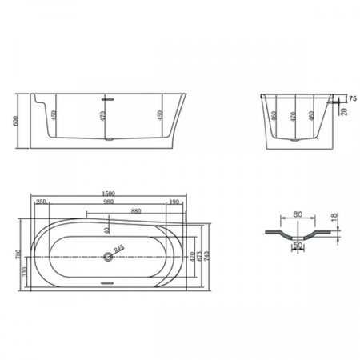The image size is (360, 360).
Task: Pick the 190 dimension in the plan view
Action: pos(173,202)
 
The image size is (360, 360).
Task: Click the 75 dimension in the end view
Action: pos(352,98)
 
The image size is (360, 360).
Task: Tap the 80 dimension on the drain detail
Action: pos(298,214)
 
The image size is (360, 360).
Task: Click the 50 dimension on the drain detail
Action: pos(298,246)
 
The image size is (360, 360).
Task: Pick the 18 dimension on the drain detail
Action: pos(334,218)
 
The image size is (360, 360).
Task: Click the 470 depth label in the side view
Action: pos(101,117)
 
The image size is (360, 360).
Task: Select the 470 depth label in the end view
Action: pos(297,116)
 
